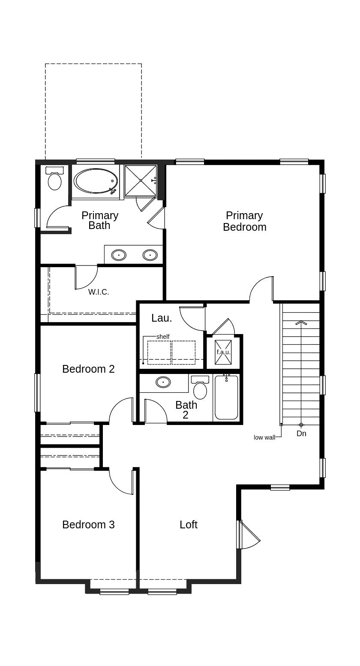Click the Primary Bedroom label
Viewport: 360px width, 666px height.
point(244,221)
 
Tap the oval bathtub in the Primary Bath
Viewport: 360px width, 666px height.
point(96,181)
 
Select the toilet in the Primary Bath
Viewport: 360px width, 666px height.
point(54,180)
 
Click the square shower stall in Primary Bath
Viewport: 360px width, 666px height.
point(141,181)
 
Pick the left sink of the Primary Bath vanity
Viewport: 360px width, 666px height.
point(119,256)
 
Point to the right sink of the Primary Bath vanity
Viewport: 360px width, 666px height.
point(150,256)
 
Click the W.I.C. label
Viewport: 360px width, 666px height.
point(99,292)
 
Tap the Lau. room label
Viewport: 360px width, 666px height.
point(162,318)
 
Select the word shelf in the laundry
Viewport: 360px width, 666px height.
point(163,337)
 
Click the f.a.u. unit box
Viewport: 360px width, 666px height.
point(223,352)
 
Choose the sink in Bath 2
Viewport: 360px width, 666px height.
point(163,382)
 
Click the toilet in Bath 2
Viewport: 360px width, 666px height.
point(200,389)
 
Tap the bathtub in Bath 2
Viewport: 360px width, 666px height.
point(226,398)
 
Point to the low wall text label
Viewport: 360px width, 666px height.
point(264,437)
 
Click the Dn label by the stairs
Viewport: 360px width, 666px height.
point(301,434)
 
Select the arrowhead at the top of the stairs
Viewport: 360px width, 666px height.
point(301,322)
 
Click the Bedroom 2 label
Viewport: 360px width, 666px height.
point(88,369)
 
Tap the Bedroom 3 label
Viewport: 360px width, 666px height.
point(88,524)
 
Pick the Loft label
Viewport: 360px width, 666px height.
point(189,524)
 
